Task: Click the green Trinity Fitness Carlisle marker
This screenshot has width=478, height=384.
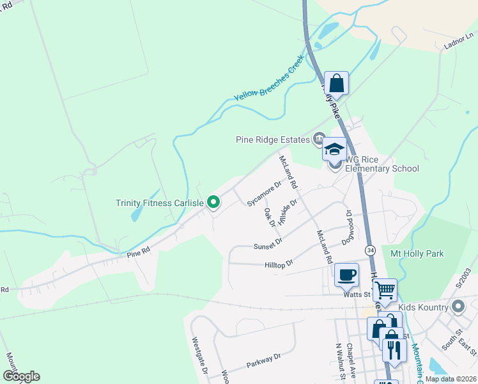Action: click(x=214, y=203)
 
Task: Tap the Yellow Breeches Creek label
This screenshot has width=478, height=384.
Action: click(x=268, y=82)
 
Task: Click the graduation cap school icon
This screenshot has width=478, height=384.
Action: click(x=334, y=150)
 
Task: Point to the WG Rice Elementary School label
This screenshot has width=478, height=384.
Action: click(x=382, y=164)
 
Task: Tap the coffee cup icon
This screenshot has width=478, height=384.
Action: click(x=346, y=275)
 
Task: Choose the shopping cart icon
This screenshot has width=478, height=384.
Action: click(x=385, y=291)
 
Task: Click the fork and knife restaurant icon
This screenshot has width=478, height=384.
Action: click(x=393, y=349)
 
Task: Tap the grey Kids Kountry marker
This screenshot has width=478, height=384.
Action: click(x=458, y=307)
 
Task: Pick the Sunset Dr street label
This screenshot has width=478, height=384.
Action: click(x=268, y=244)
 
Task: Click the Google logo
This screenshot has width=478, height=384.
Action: click(x=22, y=376)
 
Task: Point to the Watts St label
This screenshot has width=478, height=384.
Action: click(x=358, y=294)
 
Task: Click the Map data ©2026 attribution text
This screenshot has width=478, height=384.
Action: click(x=450, y=379)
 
